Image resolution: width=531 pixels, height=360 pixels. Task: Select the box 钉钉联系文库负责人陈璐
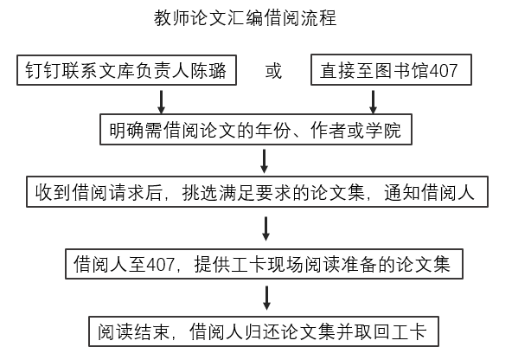pos(126,71)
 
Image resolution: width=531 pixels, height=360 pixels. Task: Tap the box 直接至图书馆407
pos(390,71)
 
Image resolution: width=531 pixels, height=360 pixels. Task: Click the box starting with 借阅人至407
pos(262,262)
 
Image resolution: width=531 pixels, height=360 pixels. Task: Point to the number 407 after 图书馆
pos(443,71)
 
